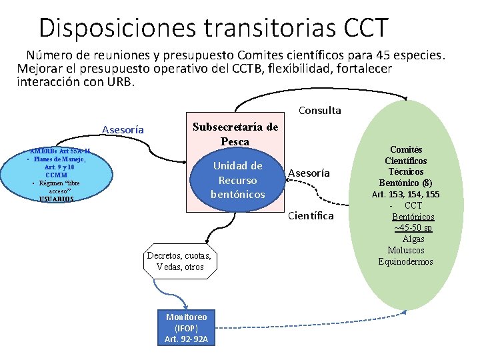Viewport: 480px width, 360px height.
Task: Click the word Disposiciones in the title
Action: point(117,28)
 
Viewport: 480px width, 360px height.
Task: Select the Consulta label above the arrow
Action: point(319,111)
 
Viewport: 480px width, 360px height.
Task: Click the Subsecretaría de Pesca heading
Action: point(235,134)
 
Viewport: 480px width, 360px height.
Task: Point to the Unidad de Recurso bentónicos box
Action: point(237,180)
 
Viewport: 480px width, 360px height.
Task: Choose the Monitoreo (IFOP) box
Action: point(187,329)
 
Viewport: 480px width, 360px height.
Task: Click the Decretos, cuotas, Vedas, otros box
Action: point(179,261)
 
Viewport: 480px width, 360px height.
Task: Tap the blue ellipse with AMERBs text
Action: point(57,175)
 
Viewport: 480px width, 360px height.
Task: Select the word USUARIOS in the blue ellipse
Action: point(57,199)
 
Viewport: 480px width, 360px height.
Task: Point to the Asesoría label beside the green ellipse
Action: point(309,173)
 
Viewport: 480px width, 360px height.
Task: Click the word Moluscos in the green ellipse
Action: point(405,250)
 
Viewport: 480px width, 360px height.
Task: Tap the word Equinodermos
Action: point(405,261)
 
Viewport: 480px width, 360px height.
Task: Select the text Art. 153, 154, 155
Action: point(405,195)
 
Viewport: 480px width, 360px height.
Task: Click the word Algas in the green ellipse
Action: point(413,239)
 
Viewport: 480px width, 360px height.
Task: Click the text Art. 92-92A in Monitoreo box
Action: point(187,339)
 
